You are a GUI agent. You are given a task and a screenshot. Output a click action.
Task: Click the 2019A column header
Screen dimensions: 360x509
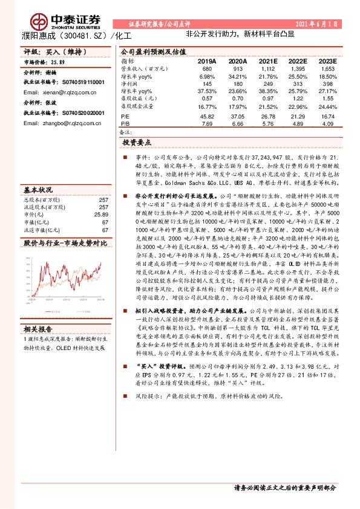click(206, 62)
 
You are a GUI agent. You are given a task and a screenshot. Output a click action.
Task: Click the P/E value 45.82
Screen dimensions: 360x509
click(207, 115)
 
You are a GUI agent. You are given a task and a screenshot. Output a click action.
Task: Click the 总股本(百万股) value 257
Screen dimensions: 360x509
click(103, 199)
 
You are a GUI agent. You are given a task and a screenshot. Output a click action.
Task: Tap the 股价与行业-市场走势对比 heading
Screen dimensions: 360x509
click(64, 242)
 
